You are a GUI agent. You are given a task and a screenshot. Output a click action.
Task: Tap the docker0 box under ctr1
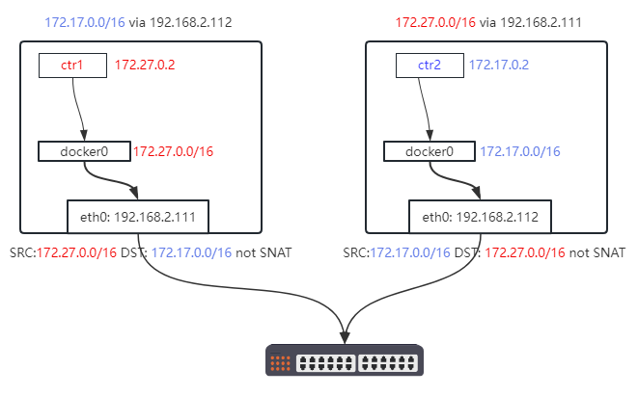pyautogui.click(x=84, y=151)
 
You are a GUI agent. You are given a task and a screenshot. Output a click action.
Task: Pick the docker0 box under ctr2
pyautogui.click(x=430, y=151)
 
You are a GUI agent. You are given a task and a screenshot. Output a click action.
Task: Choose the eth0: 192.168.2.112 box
pyautogui.click(x=479, y=217)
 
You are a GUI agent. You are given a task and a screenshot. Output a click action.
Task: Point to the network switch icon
pyautogui.click(x=345, y=361)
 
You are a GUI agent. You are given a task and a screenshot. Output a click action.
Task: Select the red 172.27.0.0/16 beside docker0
pyautogui.click(x=173, y=151)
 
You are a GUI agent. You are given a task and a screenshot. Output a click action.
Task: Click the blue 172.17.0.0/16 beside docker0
pyautogui.click(x=520, y=151)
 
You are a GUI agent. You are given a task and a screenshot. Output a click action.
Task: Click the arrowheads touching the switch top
pyautogui.click(x=345, y=337)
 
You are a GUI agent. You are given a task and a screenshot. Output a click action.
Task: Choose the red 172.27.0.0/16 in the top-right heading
pyautogui.click(x=435, y=21)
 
